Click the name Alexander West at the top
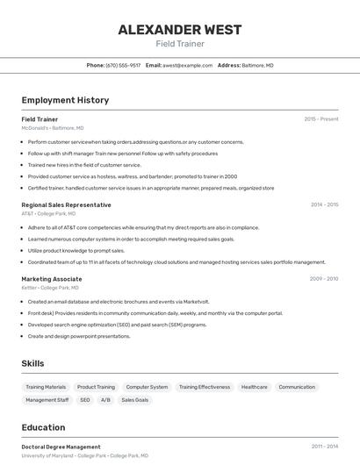[x=180, y=30]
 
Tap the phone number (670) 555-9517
[x=123, y=65]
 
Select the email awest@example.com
[x=187, y=65]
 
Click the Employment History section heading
[x=65, y=100]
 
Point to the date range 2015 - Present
[x=321, y=119]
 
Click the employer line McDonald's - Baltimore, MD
[x=53, y=128]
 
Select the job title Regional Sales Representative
[x=66, y=205]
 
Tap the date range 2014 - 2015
[x=324, y=205]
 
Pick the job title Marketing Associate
[x=52, y=279]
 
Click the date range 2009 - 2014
[x=324, y=279]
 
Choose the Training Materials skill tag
[x=46, y=387]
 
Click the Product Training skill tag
[x=96, y=387]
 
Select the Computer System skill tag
[x=147, y=387]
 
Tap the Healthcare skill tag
[x=254, y=387]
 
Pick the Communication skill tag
[x=297, y=387]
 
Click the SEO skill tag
[x=85, y=400]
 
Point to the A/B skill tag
[x=105, y=400]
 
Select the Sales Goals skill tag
[x=134, y=400]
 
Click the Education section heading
[x=43, y=427]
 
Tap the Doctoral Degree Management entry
[x=61, y=447]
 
